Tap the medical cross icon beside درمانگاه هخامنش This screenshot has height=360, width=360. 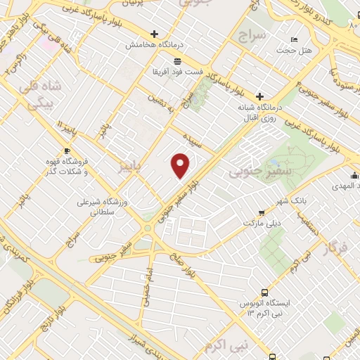pos(154,33)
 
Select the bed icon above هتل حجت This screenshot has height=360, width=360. pos(294,39)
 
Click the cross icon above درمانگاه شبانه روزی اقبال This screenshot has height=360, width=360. pos(259,96)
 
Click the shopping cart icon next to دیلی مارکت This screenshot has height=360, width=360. pos(262,212)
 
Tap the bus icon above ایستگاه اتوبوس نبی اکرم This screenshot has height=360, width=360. pos(264,292)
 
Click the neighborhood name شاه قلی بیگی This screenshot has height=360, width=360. pos(43,95)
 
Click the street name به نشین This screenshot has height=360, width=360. pos(159,105)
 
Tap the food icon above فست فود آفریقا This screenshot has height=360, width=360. pos(179,61)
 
